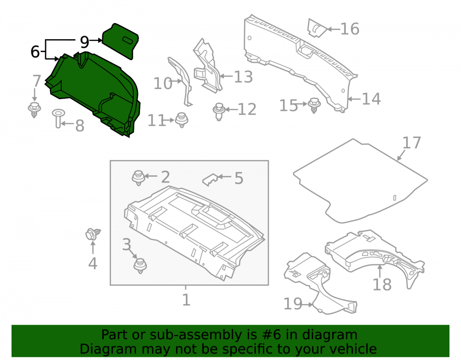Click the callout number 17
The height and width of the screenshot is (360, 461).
point(412,143)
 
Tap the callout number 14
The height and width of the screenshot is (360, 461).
point(371,99)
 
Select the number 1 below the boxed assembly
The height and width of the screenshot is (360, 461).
point(186,300)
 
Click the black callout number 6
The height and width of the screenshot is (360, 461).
point(35,52)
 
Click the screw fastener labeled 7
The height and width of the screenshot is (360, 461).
point(35,110)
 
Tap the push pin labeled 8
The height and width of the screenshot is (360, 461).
point(58,118)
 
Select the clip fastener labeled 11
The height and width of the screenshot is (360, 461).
point(182,120)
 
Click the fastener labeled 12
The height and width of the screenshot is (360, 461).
point(219,112)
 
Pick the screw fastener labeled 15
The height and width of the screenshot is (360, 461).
point(314,105)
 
